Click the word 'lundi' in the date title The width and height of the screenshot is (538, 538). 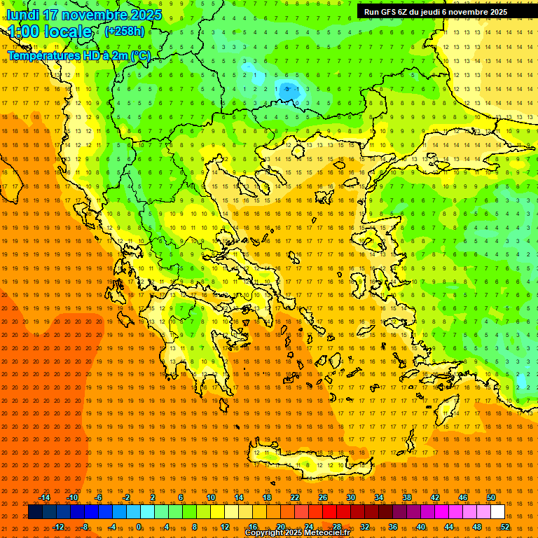22,15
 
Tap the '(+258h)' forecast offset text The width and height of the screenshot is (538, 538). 125,31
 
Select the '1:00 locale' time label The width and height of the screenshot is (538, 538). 50,32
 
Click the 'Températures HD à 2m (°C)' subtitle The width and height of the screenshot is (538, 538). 78,56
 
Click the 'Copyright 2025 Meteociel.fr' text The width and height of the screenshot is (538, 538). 297,533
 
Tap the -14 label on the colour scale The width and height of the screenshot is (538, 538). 44,497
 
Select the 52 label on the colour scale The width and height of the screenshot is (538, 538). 505,527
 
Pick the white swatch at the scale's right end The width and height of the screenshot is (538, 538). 497,512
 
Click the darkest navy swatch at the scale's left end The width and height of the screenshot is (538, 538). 35,512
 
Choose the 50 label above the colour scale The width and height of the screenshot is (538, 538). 491,497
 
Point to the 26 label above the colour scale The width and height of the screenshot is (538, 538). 323,497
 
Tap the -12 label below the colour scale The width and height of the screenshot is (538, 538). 58,527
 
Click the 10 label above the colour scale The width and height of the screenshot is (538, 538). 211,497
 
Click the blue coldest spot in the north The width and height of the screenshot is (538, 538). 287,90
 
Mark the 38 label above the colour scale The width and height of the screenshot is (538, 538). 407,497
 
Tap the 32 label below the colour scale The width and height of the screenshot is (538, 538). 365,527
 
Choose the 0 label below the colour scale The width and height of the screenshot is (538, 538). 139,527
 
